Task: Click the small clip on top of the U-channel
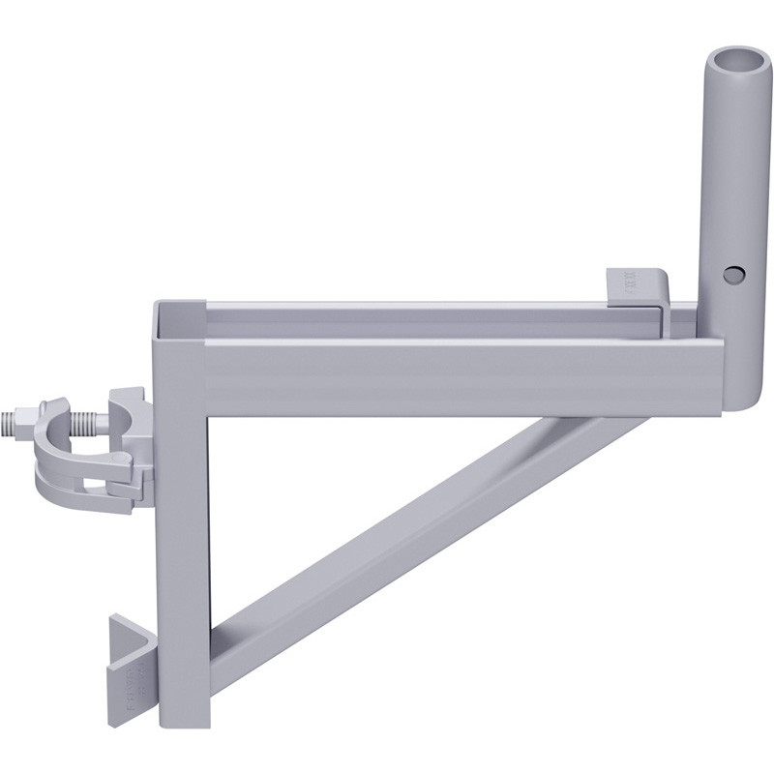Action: (637, 289)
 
